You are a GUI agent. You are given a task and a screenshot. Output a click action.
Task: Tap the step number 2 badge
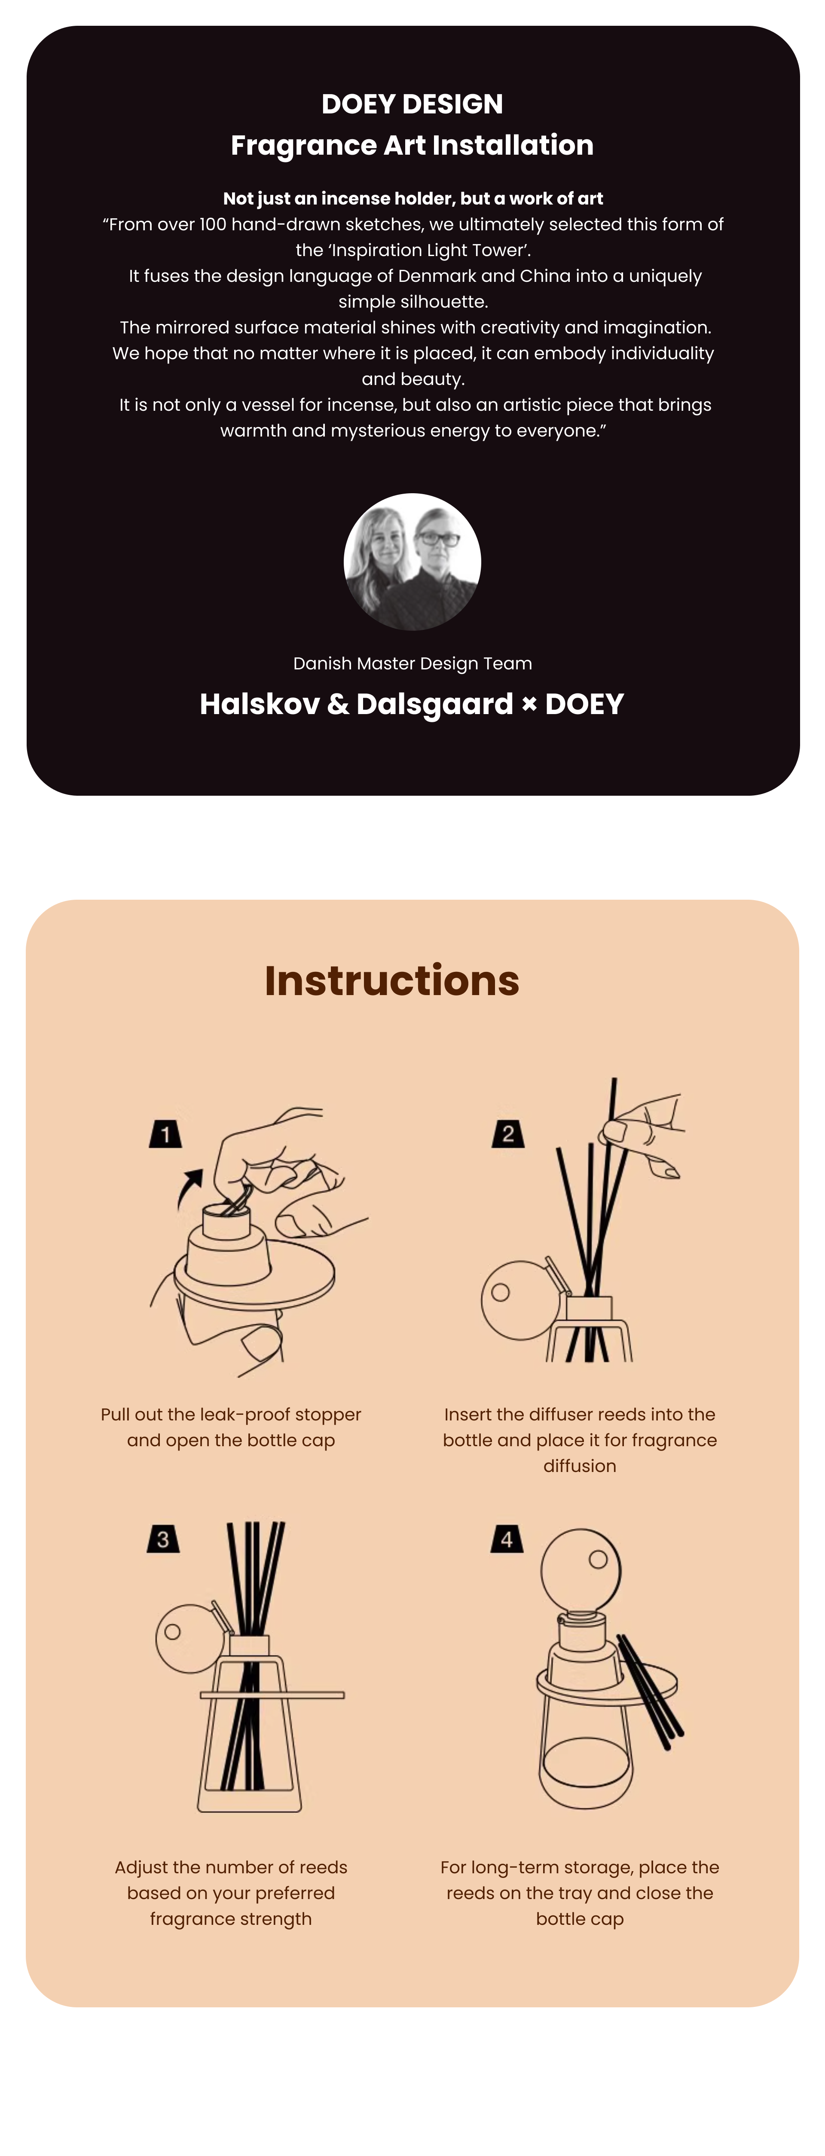[x=508, y=1134]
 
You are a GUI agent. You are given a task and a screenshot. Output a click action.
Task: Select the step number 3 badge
[x=163, y=1538]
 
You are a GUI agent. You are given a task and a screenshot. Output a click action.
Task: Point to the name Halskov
[x=260, y=704]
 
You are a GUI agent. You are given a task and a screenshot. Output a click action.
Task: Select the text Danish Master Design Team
[x=412, y=664]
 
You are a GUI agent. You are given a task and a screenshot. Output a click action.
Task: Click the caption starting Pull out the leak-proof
[x=231, y=1427]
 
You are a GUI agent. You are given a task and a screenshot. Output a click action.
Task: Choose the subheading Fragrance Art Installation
[x=412, y=146]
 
